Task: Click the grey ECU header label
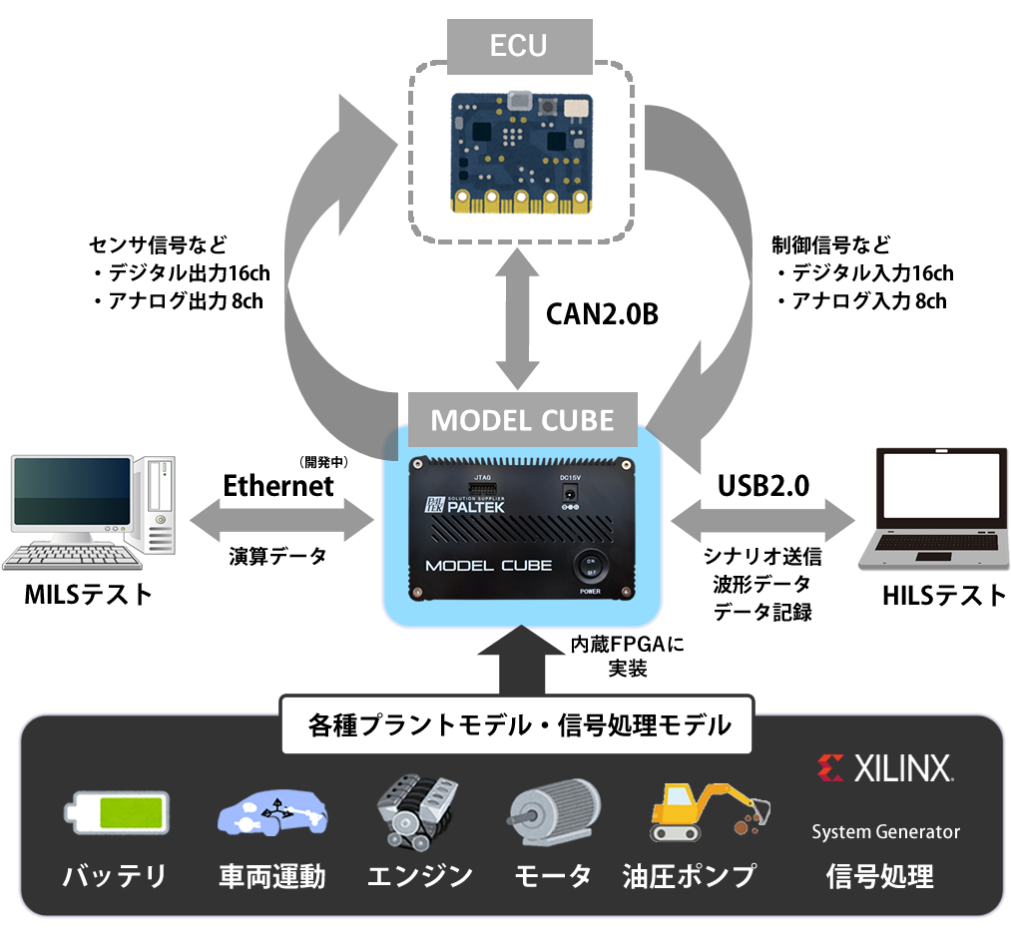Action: [x=519, y=46]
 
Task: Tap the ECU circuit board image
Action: [x=521, y=152]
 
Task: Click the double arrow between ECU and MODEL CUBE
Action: [x=519, y=319]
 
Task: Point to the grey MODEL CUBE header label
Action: [x=522, y=419]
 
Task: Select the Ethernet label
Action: [x=278, y=486]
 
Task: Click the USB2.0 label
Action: [x=763, y=486]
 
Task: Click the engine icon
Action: [x=417, y=813]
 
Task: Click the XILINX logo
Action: [x=884, y=768]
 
